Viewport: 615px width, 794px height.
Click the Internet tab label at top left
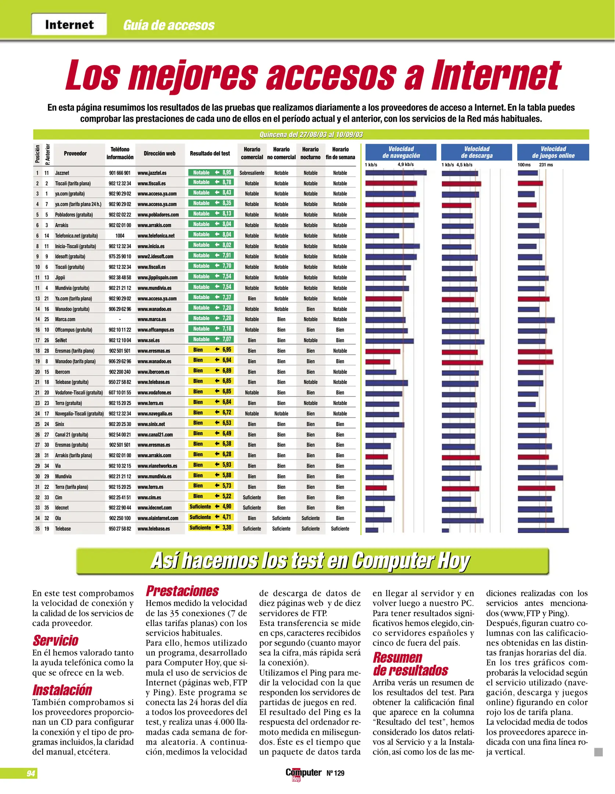69,25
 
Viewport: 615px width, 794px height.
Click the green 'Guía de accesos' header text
169,25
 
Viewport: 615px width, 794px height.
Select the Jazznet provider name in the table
62,173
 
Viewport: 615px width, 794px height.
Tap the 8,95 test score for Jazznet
226,172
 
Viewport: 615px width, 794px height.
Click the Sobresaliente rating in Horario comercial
252,173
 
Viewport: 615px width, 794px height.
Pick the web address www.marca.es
152,319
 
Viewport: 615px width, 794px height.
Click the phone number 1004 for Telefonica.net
120,236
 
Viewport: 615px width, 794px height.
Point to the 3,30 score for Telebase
226,527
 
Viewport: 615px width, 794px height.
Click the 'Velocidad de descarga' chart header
476,152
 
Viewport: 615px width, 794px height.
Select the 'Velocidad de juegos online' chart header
553,152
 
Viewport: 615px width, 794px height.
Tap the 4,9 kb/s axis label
405,165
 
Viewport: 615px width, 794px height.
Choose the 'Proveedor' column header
75,154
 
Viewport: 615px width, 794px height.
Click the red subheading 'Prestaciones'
182,591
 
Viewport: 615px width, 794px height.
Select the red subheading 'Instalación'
62,690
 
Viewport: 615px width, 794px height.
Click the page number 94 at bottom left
31,773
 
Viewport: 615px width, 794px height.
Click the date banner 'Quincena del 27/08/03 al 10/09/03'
311,135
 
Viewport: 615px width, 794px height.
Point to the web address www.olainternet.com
158,518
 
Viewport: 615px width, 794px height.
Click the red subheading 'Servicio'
56,640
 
